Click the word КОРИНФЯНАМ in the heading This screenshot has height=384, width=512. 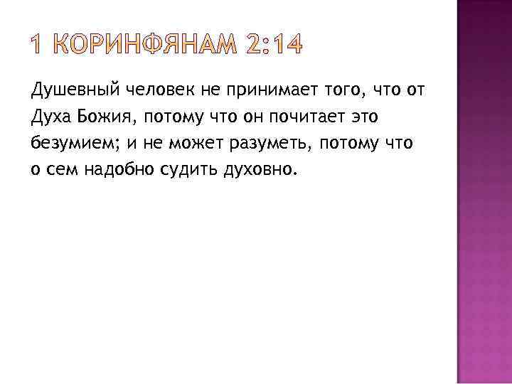[x=145, y=44]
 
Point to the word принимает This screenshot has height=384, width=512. [x=272, y=90]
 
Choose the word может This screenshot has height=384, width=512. [x=196, y=144]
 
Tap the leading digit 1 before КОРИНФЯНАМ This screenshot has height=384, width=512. [x=36, y=44]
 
